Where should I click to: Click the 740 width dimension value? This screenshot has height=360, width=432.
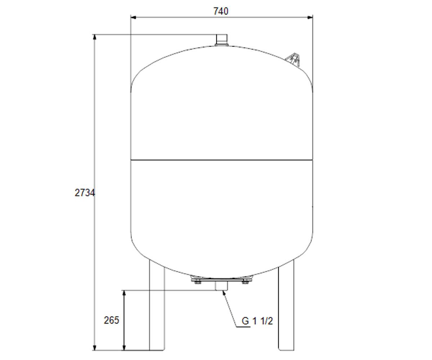[221, 11]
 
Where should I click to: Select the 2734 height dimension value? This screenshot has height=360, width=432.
[85, 193]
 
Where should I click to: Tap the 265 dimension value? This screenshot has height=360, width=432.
[111, 320]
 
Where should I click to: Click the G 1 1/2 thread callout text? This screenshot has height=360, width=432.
[257, 321]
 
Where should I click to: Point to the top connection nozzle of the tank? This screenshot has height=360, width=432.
[222, 40]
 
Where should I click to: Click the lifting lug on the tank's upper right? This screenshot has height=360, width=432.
[293, 60]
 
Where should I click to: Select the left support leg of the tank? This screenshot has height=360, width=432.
[157, 305]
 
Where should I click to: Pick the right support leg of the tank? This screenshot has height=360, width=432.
[286, 305]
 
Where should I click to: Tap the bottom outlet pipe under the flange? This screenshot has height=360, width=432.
[221, 286]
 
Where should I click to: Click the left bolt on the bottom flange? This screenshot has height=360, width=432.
[198, 282]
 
